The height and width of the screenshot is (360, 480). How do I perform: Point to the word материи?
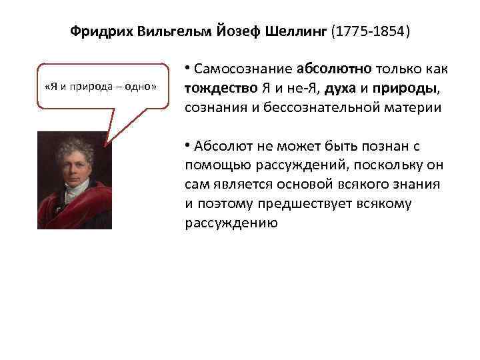point(419,108)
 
